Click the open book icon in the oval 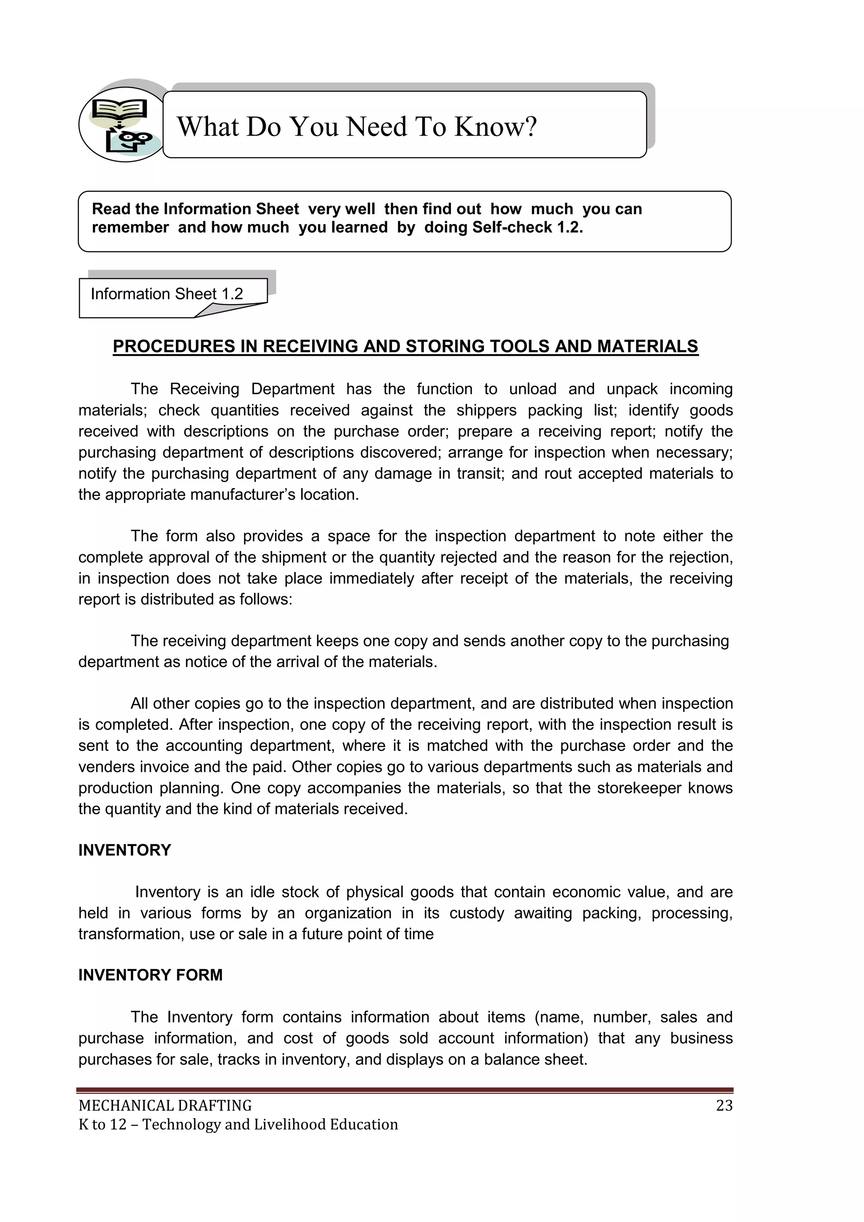tap(119, 109)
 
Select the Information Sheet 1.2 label tap(167, 294)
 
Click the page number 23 tap(724, 1105)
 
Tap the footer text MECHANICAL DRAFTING tap(165, 1105)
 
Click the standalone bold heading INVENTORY tap(124, 850)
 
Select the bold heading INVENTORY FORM tap(151, 975)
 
